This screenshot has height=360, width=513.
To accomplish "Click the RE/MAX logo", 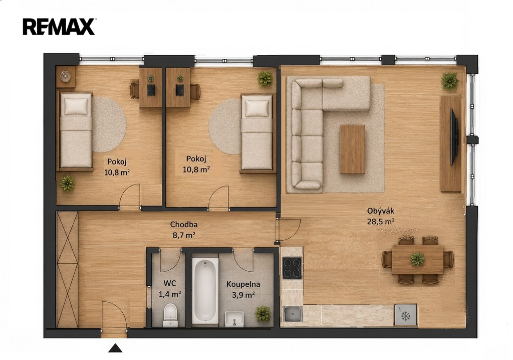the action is click(x=59, y=27).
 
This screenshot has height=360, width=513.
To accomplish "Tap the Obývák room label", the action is click(x=381, y=211).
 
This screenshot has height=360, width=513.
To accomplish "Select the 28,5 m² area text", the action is click(x=381, y=222).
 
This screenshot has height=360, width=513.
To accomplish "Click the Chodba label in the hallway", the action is click(x=184, y=225).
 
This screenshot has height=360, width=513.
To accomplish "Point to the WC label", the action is click(x=170, y=283).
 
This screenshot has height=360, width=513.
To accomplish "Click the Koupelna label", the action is click(x=243, y=284).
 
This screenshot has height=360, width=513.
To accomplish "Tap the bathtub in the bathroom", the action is click(x=205, y=290).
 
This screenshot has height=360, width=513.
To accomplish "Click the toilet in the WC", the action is click(x=170, y=314).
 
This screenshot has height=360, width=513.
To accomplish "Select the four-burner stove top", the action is click(x=292, y=268).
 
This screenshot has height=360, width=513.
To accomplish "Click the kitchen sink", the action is click(x=293, y=314).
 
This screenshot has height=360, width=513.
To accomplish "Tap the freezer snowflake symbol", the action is click(x=406, y=316).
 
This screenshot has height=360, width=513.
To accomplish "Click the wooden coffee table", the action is click(x=352, y=149).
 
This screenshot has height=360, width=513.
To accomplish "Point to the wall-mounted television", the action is click(x=454, y=136).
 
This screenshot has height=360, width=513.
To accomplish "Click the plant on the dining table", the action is click(x=417, y=259).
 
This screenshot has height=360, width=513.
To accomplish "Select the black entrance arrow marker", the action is click(x=115, y=348).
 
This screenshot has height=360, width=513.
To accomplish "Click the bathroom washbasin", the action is click(x=234, y=318).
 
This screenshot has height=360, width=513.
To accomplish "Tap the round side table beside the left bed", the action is click(x=66, y=76).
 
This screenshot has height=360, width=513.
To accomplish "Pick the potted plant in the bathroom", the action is click(x=263, y=313).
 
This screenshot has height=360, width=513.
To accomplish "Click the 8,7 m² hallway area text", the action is click(x=184, y=235).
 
